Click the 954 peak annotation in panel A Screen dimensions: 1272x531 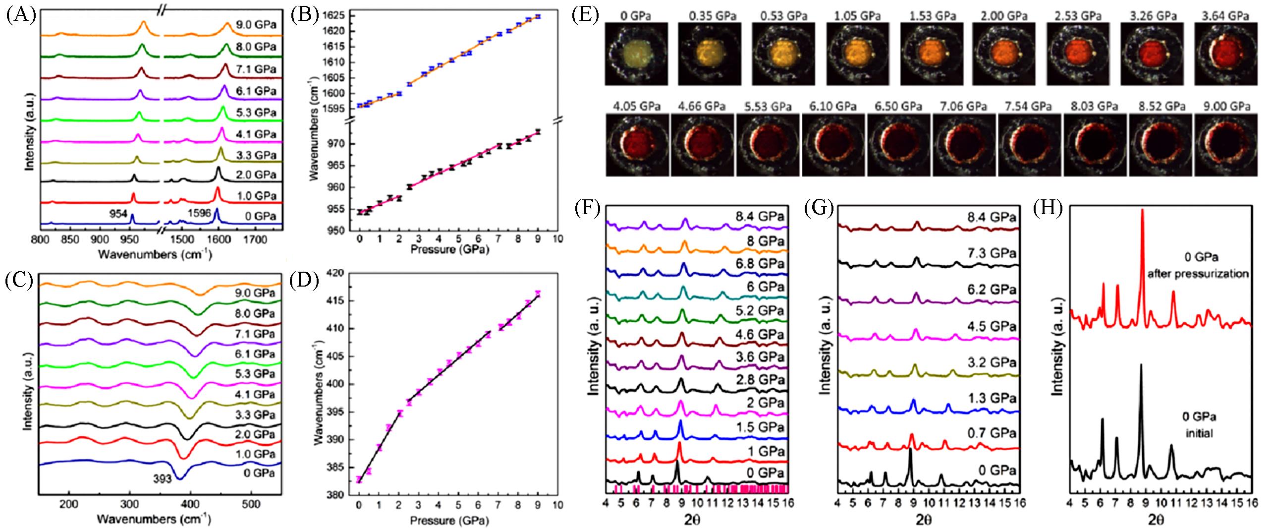pyautogui.click(x=119, y=214)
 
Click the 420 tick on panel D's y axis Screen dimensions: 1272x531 pyautogui.click(x=340, y=272)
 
